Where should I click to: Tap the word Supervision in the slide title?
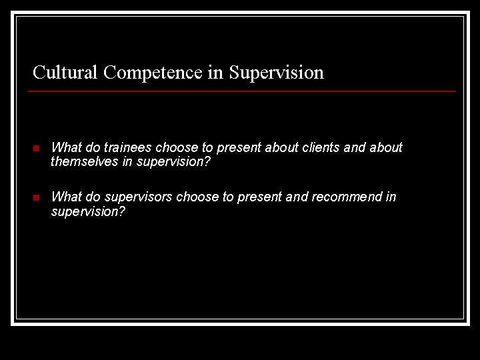click(276, 72)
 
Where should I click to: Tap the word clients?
click(323, 147)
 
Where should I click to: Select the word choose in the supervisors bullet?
click(193, 197)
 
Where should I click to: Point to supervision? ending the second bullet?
click(89, 212)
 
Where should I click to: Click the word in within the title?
click(215, 72)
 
